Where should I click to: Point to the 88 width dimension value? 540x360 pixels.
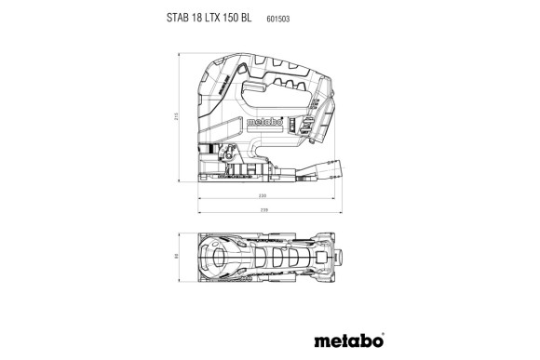click(174, 258)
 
